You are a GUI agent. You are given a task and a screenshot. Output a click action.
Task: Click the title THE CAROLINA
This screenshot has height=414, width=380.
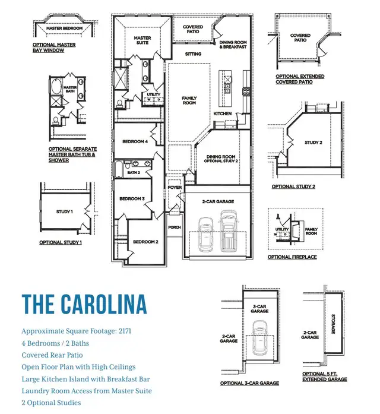84,303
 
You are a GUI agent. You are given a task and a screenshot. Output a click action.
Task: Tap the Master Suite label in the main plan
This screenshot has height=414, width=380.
142,41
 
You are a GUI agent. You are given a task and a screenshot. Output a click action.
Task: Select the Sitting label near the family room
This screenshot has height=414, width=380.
193,54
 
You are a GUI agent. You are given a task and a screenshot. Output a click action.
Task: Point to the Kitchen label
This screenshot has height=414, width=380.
222,113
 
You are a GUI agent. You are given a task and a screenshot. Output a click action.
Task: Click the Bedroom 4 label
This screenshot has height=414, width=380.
135,141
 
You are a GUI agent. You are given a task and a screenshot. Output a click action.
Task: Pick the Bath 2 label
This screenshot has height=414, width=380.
134,172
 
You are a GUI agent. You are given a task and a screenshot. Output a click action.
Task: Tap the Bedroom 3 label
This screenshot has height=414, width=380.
132,198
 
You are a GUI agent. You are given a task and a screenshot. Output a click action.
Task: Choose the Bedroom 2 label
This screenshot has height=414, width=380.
145,242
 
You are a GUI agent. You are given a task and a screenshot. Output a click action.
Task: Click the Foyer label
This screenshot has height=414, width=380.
175,187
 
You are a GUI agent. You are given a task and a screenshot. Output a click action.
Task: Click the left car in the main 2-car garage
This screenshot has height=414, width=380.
206,234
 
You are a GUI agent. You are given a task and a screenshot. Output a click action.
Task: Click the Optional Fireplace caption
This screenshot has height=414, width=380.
293,257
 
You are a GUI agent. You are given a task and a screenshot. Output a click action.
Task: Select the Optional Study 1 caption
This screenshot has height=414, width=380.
61,242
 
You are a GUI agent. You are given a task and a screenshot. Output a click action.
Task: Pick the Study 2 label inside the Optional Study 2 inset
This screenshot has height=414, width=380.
313,143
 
